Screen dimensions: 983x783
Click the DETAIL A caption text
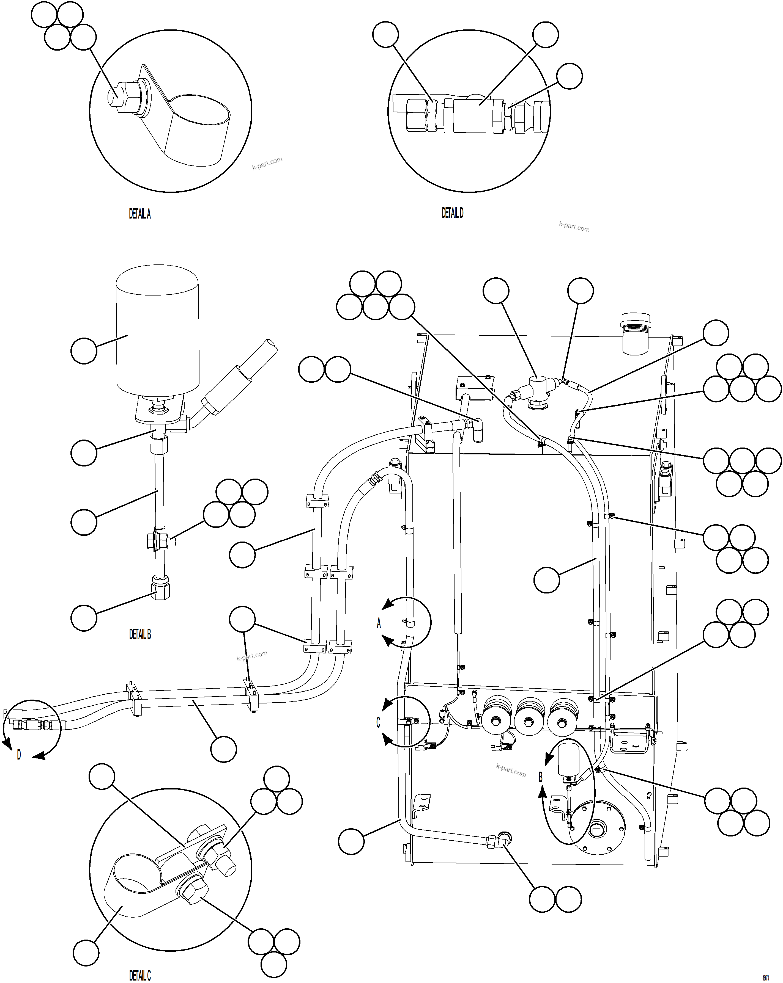(140, 214)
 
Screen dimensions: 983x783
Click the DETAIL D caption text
(452, 213)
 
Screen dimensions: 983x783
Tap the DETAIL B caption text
(140, 634)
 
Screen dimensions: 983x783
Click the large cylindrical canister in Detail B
(157, 333)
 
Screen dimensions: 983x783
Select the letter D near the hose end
(19, 755)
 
